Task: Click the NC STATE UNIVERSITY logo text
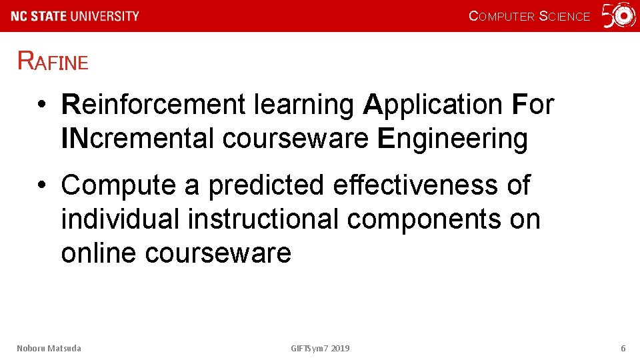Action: click(75, 16)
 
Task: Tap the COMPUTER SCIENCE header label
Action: click(529, 16)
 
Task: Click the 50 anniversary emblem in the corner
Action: click(619, 16)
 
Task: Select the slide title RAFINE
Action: click(53, 61)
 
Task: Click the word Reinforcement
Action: click(154, 105)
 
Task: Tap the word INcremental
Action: click(138, 139)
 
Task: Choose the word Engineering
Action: click(453, 139)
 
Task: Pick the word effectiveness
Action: click(415, 185)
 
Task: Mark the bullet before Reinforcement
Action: click(41, 105)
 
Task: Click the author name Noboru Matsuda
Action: click(49, 348)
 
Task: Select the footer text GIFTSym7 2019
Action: click(320, 348)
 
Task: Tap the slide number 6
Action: click(623, 348)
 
